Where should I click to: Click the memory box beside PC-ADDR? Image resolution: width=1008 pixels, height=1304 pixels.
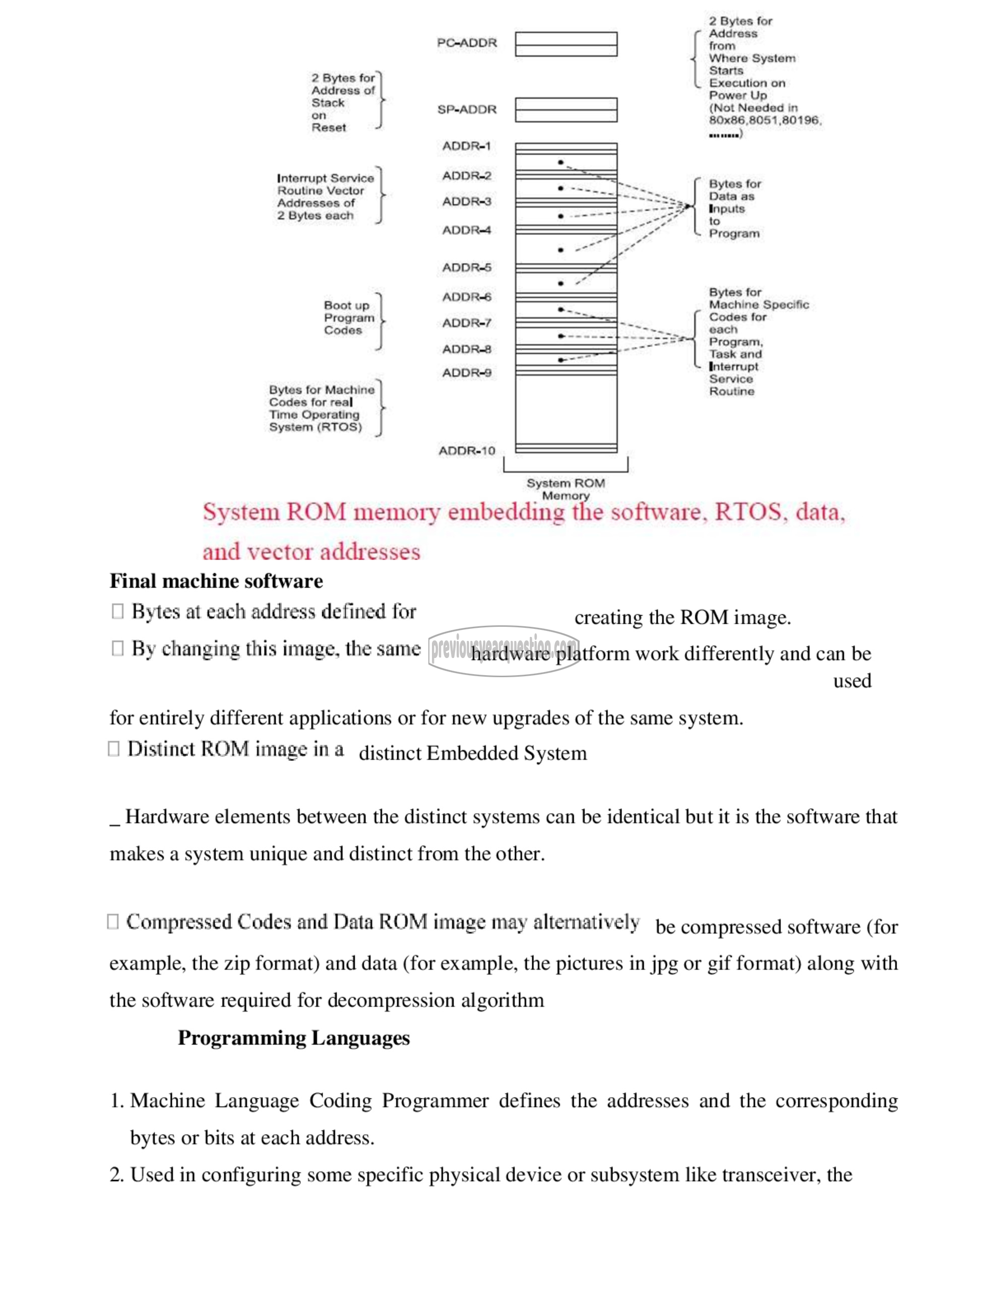[x=565, y=44]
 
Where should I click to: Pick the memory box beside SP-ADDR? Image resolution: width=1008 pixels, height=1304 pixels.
[x=565, y=110]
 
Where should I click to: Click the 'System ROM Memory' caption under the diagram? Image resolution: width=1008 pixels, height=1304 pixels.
[x=565, y=489]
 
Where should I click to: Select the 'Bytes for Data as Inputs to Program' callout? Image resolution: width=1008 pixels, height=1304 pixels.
[x=734, y=209]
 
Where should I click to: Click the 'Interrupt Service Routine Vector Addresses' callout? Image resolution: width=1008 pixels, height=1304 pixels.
[x=325, y=197]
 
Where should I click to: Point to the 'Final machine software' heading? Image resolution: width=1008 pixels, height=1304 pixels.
[x=216, y=581]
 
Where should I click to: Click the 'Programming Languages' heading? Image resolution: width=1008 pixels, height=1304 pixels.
[x=294, y=1037]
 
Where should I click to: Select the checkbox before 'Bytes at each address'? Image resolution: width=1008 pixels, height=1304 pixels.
[x=117, y=611]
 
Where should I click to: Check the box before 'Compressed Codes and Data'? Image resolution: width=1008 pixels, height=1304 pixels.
[x=113, y=921]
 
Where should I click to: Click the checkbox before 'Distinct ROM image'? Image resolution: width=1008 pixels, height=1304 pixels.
[x=113, y=748]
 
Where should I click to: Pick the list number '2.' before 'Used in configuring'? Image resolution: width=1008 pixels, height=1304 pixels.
[x=116, y=1175]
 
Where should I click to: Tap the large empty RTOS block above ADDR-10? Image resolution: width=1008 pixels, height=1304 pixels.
[x=565, y=412]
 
